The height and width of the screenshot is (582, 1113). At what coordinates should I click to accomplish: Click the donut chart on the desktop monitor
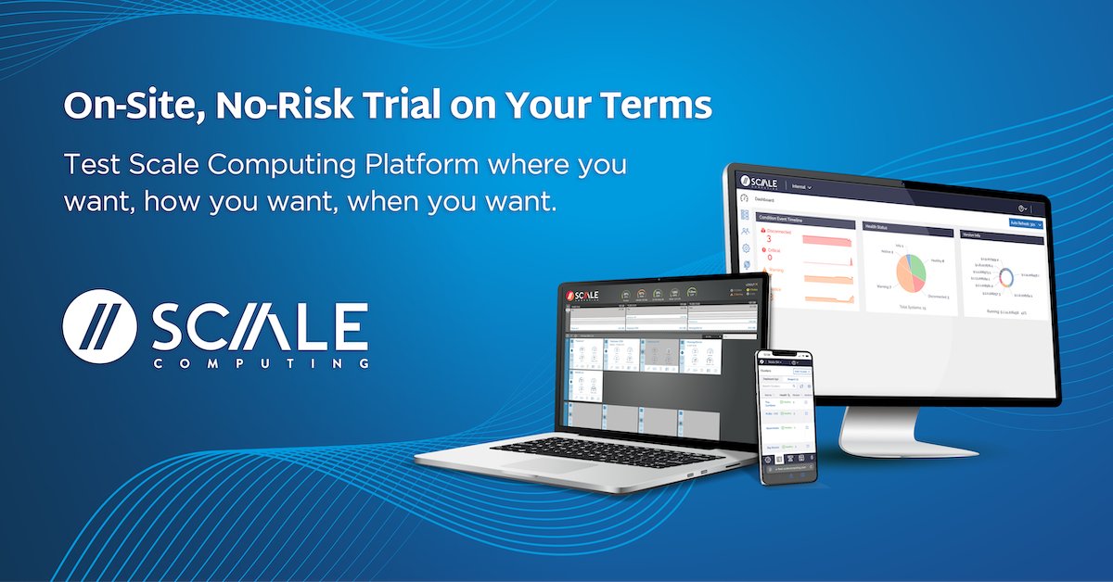tap(1005, 275)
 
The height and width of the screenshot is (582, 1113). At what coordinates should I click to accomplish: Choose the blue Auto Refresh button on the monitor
tap(1025, 223)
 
